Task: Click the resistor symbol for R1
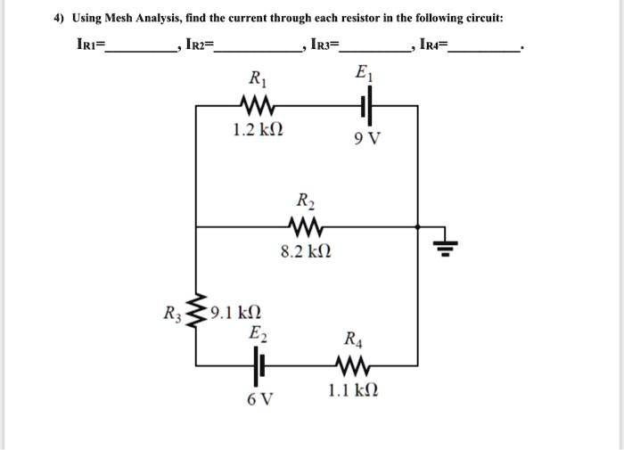257,106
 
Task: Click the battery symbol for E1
366,106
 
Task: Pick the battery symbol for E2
260,364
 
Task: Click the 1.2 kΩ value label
258,131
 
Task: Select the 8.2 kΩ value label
307,252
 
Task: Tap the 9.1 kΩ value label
235,313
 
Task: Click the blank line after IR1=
142,52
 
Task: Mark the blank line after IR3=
375,52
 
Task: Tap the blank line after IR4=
485,52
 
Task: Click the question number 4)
58,18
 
